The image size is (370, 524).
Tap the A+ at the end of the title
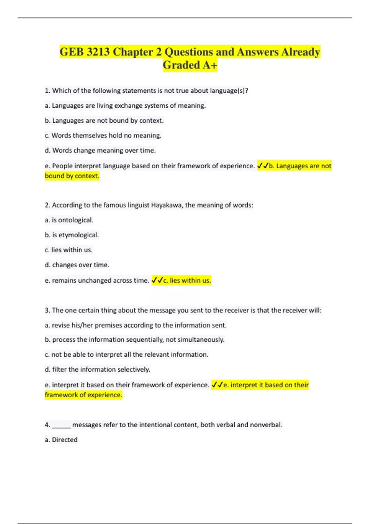210,65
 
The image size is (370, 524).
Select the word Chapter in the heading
137,52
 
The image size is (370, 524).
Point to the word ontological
76,220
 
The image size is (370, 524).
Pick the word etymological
79,235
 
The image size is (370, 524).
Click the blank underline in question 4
61,425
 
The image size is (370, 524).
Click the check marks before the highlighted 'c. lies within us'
157,280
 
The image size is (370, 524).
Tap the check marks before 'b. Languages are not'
263,166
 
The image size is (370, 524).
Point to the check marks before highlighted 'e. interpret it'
217,385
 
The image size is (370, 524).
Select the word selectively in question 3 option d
134,370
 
